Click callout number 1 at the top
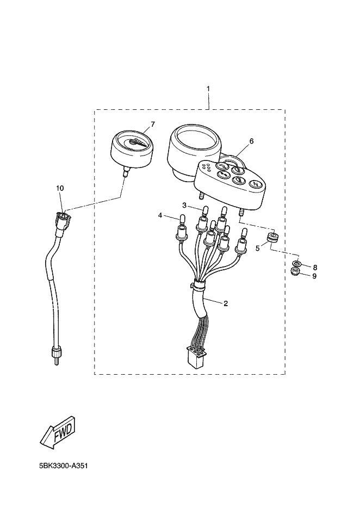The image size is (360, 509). [x=208, y=88]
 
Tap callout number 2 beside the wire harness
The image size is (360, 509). [x=225, y=303]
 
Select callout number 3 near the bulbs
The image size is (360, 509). [x=184, y=205]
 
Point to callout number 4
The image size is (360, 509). [x=160, y=215]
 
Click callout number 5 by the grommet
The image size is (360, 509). [x=258, y=249]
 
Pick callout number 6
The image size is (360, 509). [x=251, y=141]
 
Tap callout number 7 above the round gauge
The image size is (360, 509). [x=153, y=124]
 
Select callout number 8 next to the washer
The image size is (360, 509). [x=314, y=267]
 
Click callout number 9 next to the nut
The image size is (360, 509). [x=314, y=276]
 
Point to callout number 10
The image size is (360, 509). [x=60, y=188]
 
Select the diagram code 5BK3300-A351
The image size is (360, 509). [x=64, y=466]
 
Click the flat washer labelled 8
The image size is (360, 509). [x=297, y=264]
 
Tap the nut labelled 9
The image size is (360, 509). [x=296, y=271]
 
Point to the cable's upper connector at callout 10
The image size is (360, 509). [x=63, y=220]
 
